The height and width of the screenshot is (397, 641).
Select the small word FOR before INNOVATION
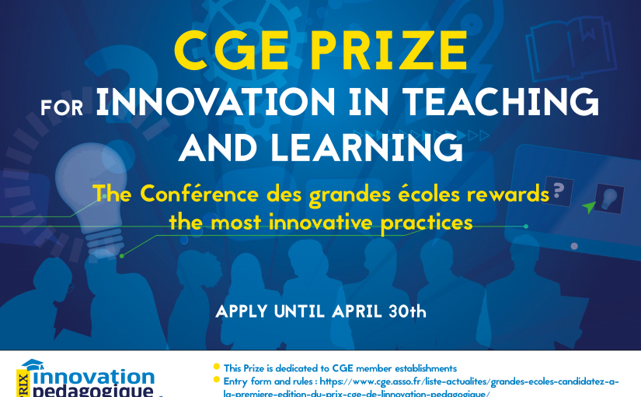tap(61, 107)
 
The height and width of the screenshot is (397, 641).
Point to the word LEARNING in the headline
tap(367, 147)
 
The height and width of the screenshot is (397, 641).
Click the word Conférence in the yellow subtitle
tap(200, 194)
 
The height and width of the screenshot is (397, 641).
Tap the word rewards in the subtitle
tap(507, 194)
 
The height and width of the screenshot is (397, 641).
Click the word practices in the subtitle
tap(427, 223)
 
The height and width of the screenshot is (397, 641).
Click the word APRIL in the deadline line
tap(357, 312)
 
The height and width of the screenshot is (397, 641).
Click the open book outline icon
tap(571, 48)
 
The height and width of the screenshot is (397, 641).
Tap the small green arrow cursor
tap(589, 207)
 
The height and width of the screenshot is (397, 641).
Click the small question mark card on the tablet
tap(559, 191)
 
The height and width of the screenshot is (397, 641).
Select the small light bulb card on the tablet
tap(609, 198)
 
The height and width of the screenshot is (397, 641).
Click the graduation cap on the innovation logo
tap(33, 364)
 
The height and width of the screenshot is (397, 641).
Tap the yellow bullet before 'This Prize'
tap(216, 367)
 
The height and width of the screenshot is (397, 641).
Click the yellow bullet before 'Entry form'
tap(216, 380)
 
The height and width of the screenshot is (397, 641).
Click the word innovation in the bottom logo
tap(93, 377)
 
